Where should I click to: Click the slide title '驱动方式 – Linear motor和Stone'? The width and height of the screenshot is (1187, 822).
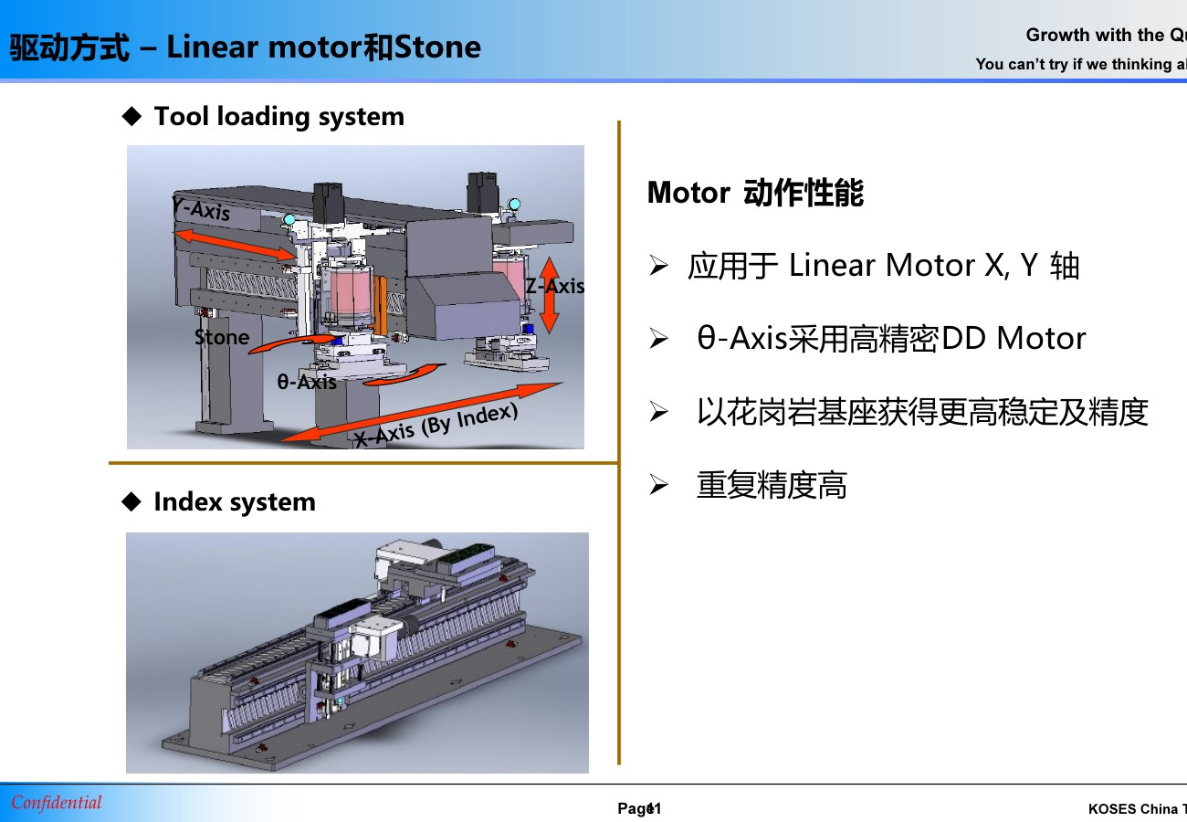click(x=245, y=47)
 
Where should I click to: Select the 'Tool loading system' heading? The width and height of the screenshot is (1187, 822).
click(x=278, y=117)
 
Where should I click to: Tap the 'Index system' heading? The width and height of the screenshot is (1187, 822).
click(x=234, y=502)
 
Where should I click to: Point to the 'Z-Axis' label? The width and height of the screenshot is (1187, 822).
click(x=554, y=286)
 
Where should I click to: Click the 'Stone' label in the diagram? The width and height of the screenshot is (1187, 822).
click(x=222, y=338)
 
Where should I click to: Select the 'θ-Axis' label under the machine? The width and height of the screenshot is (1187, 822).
click(x=307, y=382)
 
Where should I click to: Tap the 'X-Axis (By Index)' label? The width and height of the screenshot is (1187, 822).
click(x=436, y=427)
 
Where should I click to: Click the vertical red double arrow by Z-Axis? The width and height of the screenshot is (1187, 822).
click(x=549, y=295)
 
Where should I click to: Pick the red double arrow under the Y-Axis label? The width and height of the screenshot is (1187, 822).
click(x=236, y=245)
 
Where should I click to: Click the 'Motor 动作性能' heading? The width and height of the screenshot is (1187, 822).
click(x=755, y=194)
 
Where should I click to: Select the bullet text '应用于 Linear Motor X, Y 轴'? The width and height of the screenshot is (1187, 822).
click(x=883, y=266)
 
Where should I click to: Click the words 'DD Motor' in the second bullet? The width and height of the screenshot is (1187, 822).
click(x=1014, y=339)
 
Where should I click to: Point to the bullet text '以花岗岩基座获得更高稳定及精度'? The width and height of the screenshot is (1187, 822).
click(x=921, y=412)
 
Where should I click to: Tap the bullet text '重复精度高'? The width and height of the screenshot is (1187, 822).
click(x=772, y=485)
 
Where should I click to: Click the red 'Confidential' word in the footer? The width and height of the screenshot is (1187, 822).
click(x=57, y=803)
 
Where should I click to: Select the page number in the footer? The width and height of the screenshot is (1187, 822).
click(x=639, y=809)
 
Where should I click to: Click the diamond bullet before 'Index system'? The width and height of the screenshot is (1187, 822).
click(x=132, y=501)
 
